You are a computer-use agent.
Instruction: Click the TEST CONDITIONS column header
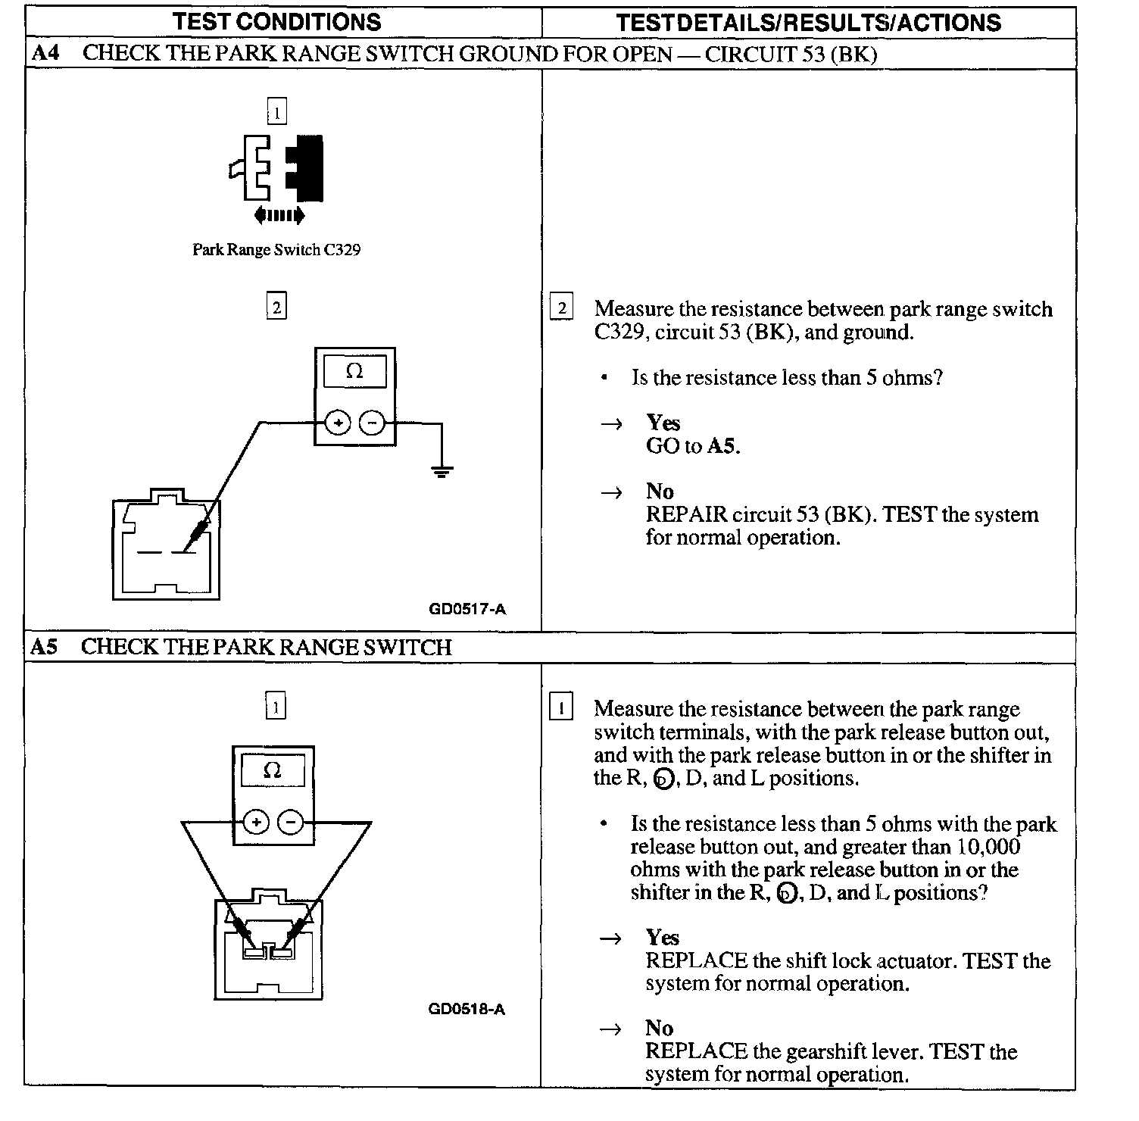[x=276, y=21]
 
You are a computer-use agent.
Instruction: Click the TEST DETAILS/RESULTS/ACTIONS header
[x=808, y=22]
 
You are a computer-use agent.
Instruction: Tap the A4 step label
[x=45, y=54]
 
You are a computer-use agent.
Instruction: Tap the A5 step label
[x=44, y=647]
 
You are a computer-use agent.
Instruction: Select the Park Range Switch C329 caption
[x=276, y=250]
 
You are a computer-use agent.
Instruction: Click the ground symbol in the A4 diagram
[x=441, y=472]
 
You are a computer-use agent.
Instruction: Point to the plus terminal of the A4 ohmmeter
[x=338, y=423]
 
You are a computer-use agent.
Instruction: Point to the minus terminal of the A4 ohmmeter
[x=371, y=423]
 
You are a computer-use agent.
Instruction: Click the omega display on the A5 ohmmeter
[x=273, y=771]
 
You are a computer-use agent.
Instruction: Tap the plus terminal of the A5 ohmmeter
[x=256, y=822]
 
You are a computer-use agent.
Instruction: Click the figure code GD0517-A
[x=467, y=608]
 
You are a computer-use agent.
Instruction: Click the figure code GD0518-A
[x=467, y=1009]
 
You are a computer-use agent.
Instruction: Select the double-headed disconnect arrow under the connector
[x=279, y=215]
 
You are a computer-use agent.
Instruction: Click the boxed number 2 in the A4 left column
[x=276, y=307]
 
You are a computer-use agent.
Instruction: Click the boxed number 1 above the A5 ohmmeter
[x=276, y=707]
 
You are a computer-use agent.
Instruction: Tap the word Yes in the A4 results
[x=663, y=423]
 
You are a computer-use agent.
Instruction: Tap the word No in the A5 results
[x=659, y=1028]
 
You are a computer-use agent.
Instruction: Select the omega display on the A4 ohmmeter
[x=354, y=372]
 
